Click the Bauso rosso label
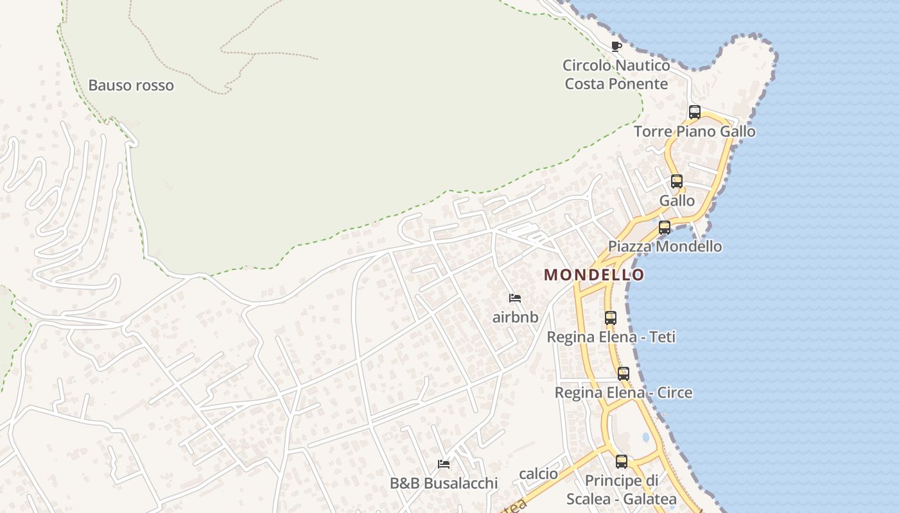(x=131, y=85)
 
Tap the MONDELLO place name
(x=594, y=275)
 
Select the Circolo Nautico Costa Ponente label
(x=616, y=74)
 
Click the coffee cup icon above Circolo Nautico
(x=616, y=46)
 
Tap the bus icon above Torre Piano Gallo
(x=694, y=112)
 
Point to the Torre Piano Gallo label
(x=694, y=131)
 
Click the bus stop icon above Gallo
(x=677, y=181)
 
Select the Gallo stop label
(x=677, y=201)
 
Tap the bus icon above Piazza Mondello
(x=665, y=227)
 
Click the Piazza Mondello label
(x=665, y=246)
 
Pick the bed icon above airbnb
(x=514, y=298)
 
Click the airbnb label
(x=515, y=317)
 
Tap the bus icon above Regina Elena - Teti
(x=611, y=317)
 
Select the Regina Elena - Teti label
(x=611, y=337)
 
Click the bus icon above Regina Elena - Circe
(x=624, y=373)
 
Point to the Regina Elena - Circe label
(x=624, y=392)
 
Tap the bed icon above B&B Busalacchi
(x=443, y=464)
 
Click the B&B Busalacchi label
(x=444, y=484)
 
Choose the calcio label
(x=538, y=474)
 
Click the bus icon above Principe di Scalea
(x=622, y=461)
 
